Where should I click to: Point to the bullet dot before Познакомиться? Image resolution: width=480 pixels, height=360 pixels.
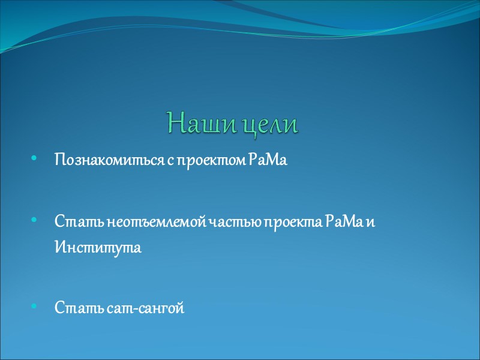coord(34,160)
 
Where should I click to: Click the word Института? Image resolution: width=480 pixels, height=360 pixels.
coord(98,247)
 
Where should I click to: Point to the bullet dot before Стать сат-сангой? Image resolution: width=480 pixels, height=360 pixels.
coord(34,308)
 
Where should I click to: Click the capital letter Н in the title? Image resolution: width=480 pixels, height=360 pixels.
coord(175,123)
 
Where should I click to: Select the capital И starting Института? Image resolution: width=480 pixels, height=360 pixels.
coord(59,247)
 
